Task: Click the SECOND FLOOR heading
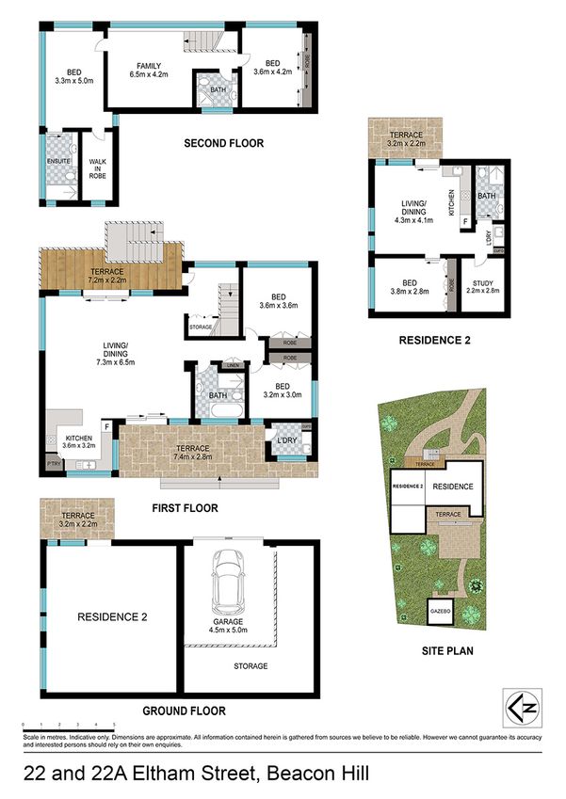(x=223, y=144)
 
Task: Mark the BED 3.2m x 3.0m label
(x=283, y=391)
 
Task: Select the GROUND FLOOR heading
(x=185, y=711)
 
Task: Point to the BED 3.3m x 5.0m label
(x=71, y=74)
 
